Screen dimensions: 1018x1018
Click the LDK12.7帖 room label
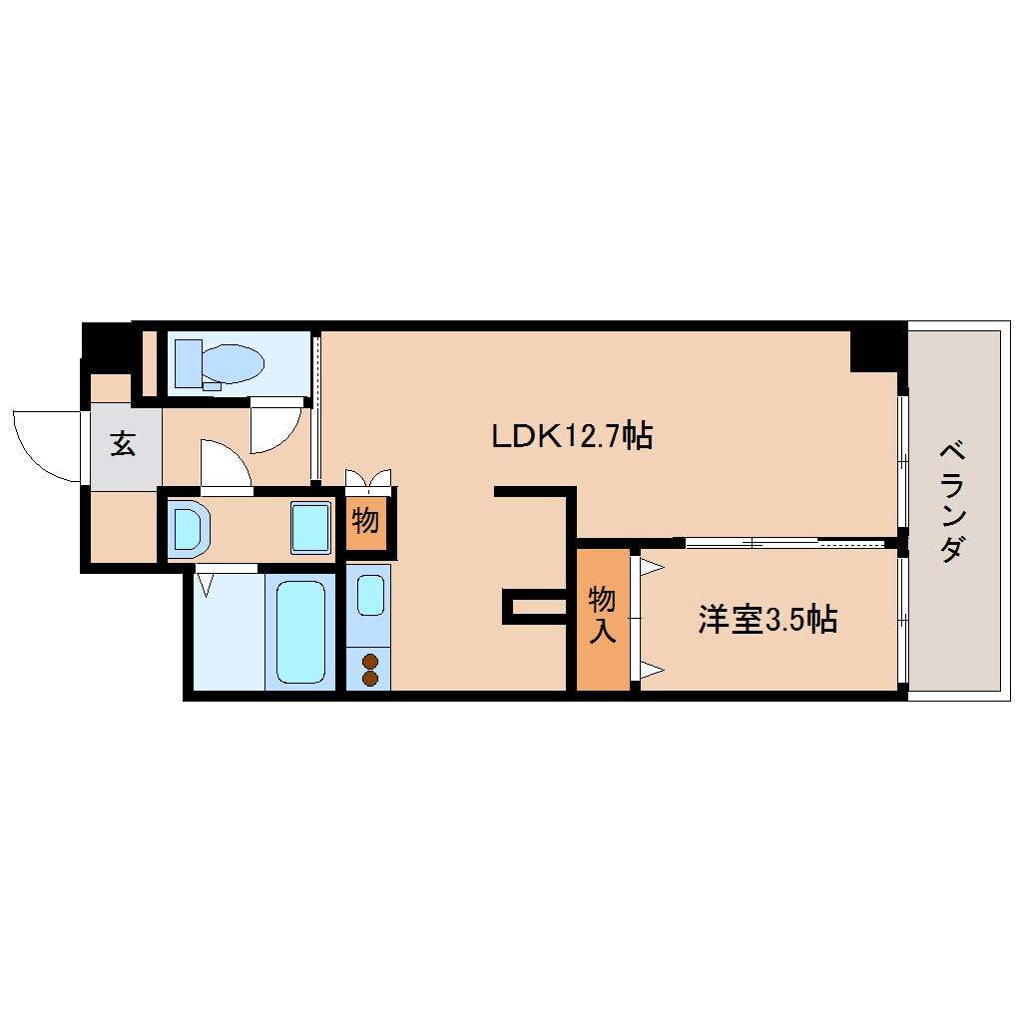pos(572,435)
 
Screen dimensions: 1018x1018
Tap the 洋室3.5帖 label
pos(767,620)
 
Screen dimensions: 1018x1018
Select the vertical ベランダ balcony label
pos(952,501)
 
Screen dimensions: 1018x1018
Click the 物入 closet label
pos(602,614)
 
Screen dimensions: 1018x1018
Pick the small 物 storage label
pos(365,520)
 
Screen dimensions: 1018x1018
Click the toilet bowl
pos(234,363)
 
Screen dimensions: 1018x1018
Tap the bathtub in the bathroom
pos(300,632)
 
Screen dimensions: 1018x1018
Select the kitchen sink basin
pos(370,595)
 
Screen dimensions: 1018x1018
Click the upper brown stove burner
pos(370,662)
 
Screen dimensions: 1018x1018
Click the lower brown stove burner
pos(370,679)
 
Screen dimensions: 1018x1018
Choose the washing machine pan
pos(310,528)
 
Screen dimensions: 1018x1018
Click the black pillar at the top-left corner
pos(107,347)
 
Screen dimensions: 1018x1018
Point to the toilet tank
pos(189,363)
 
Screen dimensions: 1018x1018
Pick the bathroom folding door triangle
pos(206,583)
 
